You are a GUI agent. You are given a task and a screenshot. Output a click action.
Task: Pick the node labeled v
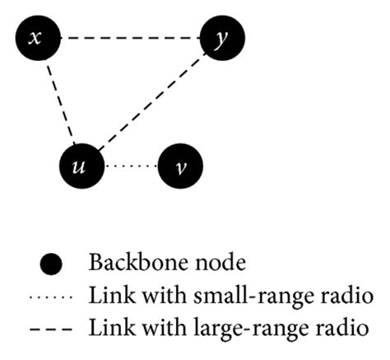click(180, 166)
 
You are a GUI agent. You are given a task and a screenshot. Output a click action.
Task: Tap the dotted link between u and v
click(131, 166)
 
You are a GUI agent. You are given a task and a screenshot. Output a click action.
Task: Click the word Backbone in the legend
click(125, 264)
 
